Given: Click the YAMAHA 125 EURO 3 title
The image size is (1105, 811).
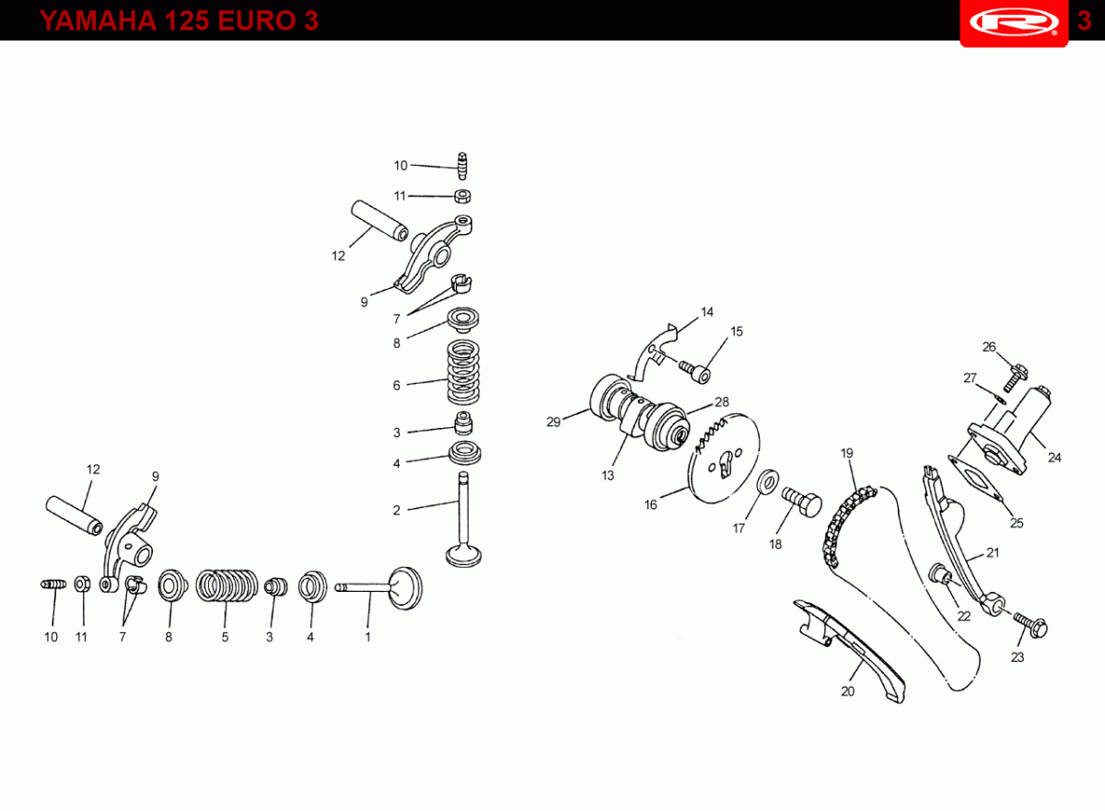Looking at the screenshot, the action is (x=179, y=20).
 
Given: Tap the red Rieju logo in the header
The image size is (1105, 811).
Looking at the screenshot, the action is (x=1014, y=23).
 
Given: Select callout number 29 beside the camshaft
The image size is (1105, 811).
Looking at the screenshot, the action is (x=553, y=422).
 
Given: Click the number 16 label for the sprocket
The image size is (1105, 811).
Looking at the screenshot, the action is (x=651, y=504).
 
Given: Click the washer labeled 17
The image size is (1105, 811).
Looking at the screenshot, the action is (x=768, y=481).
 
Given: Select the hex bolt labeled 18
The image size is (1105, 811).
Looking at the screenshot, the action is (x=802, y=502).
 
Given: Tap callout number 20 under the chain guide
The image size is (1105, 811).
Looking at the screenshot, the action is (x=847, y=691).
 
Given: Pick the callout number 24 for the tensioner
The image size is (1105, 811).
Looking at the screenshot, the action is (x=1054, y=458).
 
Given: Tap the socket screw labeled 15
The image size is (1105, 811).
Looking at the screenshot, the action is (x=695, y=372).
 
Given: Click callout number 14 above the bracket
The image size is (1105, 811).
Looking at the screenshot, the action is (x=707, y=312).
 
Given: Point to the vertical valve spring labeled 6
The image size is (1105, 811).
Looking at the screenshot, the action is (x=463, y=372).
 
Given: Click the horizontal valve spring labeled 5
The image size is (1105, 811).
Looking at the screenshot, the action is (x=227, y=585).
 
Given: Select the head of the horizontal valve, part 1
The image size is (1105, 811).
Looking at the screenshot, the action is (x=405, y=588).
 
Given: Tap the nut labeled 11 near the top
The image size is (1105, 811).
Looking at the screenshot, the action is (x=462, y=196).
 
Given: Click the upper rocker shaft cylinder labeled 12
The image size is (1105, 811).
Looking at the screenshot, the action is (x=379, y=220).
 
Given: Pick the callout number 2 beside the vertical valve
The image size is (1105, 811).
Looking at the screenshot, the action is (x=397, y=510).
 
